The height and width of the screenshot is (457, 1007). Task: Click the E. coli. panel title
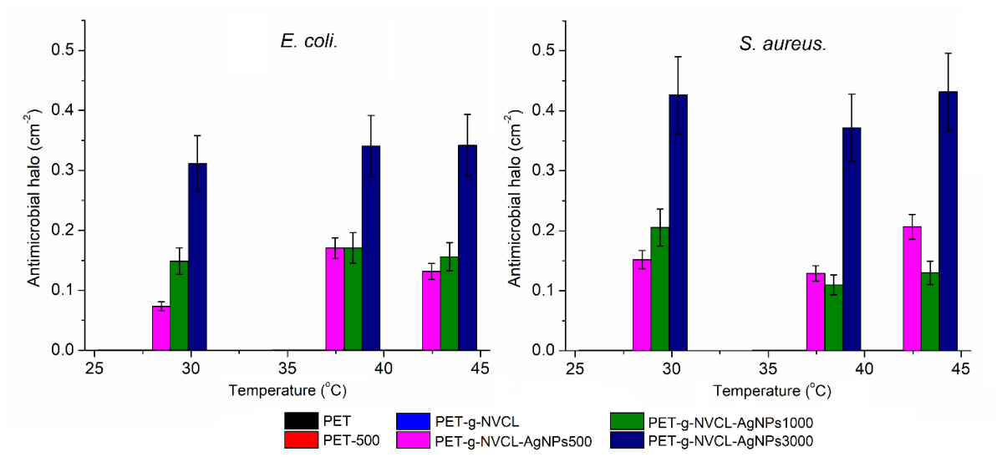pyautogui.click(x=309, y=41)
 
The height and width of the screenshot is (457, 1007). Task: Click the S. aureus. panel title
pyautogui.click(x=783, y=44)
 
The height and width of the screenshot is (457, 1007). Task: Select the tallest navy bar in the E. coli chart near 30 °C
pyautogui.click(x=197, y=256)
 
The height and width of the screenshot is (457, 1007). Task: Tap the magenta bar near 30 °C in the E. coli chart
pyautogui.click(x=161, y=328)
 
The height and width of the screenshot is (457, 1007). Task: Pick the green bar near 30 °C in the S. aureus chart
pyautogui.click(x=660, y=288)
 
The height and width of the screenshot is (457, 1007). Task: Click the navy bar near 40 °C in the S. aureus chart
pyautogui.click(x=852, y=239)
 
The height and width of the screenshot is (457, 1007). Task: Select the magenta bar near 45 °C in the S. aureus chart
pyautogui.click(x=912, y=288)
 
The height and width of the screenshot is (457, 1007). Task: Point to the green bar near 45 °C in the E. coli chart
pyautogui.click(x=449, y=303)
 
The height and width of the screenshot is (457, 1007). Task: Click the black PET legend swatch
pyautogui.click(x=301, y=421)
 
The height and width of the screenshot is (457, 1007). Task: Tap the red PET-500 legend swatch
pyautogui.click(x=301, y=440)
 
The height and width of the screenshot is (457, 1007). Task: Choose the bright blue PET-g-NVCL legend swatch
pyautogui.click(x=413, y=421)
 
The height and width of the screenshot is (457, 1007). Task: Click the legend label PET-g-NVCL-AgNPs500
pyautogui.click(x=513, y=442)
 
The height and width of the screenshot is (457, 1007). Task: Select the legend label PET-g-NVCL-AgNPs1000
pyautogui.click(x=730, y=423)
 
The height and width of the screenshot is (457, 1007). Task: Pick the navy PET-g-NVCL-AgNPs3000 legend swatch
pyautogui.click(x=627, y=440)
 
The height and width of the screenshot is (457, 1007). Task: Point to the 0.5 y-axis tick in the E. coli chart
pyautogui.click(x=63, y=50)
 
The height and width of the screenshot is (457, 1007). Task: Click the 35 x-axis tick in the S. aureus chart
pyautogui.click(x=768, y=369)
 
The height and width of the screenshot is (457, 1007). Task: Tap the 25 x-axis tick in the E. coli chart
pyautogui.click(x=94, y=369)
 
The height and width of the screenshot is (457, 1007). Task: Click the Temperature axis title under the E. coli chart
pyautogui.click(x=287, y=389)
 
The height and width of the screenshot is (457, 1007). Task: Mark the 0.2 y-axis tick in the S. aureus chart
pyautogui.click(x=543, y=231)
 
